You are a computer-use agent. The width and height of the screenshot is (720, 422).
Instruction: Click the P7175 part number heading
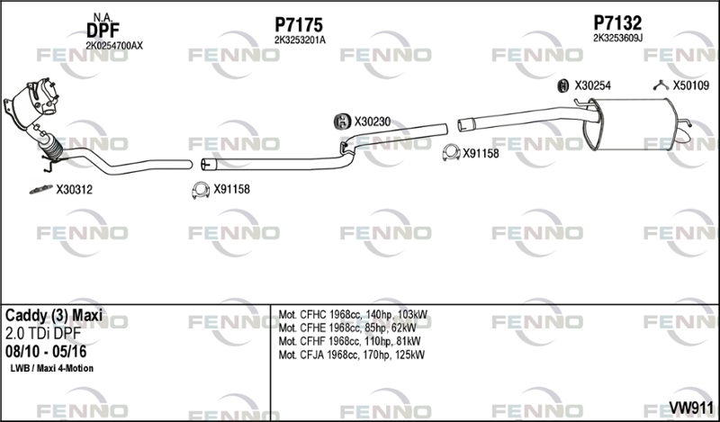(299, 24)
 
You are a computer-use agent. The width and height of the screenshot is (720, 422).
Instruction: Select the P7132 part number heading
(617, 22)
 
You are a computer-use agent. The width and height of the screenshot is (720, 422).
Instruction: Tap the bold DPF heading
(103, 31)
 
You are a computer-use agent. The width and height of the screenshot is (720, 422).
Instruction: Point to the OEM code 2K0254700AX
(114, 46)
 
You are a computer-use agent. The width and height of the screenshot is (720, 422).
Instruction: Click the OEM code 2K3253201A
(300, 40)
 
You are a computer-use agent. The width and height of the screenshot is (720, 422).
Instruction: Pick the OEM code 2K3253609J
(617, 38)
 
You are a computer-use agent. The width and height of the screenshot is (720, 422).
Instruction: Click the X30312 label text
(74, 190)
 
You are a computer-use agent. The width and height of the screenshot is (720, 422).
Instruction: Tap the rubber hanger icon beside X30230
(341, 121)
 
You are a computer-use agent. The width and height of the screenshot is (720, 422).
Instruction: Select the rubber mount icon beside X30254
(563, 85)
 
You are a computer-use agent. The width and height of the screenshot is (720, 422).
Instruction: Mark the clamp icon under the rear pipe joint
(452, 153)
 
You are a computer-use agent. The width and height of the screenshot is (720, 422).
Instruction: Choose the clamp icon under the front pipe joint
(201, 190)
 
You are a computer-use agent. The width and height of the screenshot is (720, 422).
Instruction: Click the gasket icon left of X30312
(40, 189)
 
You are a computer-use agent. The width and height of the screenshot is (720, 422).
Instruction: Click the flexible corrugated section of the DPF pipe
(52, 147)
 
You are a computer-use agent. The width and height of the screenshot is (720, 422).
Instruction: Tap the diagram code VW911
(691, 408)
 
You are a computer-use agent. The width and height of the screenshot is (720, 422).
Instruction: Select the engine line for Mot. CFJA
(352, 355)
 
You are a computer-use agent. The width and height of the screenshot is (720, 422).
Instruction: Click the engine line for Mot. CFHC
(353, 315)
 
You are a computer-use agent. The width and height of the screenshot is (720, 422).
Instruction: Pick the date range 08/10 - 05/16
(46, 351)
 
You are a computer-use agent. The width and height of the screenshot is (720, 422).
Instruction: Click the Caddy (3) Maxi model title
(54, 316)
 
